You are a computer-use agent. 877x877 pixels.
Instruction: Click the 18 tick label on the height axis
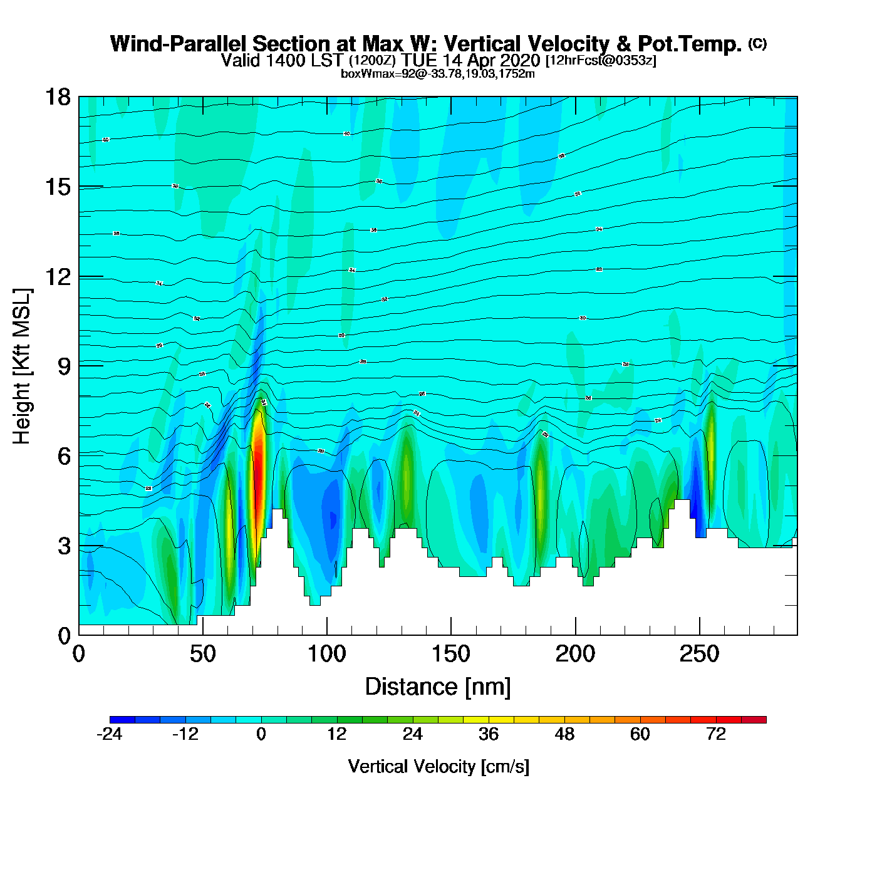[57, 97]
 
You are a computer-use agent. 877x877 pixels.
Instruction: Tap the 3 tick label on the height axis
[64, 546]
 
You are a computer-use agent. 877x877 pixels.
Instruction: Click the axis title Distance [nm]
[438, 687]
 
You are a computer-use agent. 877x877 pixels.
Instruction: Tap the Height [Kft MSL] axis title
[22, 366]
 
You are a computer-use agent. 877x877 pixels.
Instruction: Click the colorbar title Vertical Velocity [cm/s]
[438, 766]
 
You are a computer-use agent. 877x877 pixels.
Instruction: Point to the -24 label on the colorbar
[110, 734]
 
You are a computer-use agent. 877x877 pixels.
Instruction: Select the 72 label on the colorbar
[716, 734]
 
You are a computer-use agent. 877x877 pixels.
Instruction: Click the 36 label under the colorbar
[489, 734]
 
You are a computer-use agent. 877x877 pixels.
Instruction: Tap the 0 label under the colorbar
[261, 734]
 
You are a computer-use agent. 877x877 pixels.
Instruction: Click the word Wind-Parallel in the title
[180, 44]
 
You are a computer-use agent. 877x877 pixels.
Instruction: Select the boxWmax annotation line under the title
[437, 74]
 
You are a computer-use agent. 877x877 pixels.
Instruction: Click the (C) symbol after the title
[757, 43]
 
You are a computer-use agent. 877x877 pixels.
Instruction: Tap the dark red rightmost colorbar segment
[754, 720]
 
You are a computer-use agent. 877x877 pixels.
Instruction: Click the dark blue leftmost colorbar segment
[122, 720]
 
